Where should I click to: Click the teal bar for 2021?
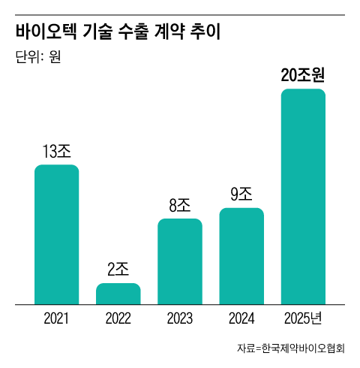(57, 234)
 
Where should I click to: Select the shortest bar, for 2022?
(118, 294)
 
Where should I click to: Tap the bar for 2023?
(180, 261)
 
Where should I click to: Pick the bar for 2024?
(241, 256)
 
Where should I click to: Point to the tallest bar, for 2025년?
(303, 197)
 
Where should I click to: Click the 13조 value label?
(57, 152)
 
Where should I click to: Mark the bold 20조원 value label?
(302, 76)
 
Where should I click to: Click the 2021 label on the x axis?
(57, 318)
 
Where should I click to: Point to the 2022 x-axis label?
(118, 318)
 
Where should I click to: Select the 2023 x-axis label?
(180, 318)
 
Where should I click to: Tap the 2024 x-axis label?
(241, 318)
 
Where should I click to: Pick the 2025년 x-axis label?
(304, 318)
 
